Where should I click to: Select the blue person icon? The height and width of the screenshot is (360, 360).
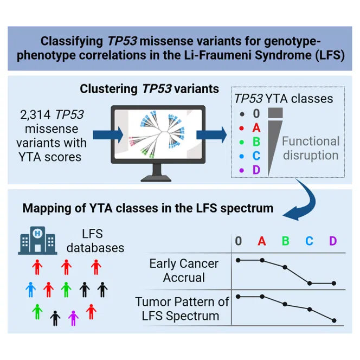(x=31, y=290)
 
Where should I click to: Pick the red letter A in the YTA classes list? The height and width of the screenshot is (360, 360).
(x=258, y=128)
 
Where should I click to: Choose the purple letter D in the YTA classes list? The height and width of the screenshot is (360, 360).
(x=258, y=171)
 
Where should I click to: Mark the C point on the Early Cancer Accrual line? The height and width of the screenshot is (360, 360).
(x=310, y=283)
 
